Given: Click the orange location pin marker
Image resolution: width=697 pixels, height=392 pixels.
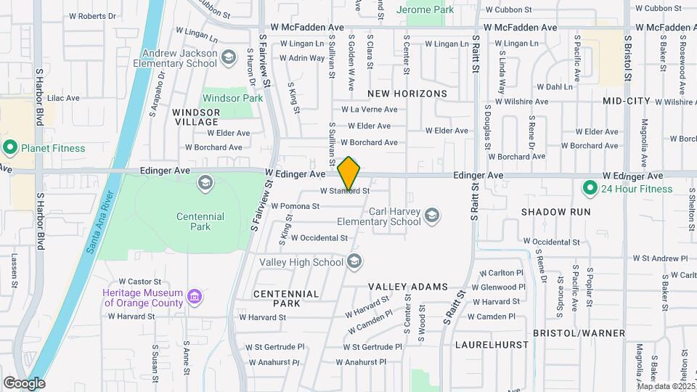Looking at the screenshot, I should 349,173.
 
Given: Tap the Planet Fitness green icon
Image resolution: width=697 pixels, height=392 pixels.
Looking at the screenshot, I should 10,148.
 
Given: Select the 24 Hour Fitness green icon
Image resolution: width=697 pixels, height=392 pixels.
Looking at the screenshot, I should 590,189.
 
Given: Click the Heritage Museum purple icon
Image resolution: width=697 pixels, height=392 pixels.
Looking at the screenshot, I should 194,296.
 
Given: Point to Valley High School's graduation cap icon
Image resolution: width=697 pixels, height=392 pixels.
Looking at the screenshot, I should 355,261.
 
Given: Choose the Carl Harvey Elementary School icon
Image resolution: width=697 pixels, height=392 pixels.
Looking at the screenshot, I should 432,216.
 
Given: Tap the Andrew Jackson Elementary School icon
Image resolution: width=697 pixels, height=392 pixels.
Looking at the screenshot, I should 229,57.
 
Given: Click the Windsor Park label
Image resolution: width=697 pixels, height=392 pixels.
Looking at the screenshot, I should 232,98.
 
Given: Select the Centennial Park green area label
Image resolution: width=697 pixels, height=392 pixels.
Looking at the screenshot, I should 200,221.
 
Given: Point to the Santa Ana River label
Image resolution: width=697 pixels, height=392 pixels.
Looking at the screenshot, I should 102,221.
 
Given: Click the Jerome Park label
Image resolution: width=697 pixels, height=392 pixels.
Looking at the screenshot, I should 426,10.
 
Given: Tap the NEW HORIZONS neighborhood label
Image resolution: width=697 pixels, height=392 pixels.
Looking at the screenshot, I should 407,94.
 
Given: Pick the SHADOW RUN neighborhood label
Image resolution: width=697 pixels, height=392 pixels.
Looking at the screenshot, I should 555,212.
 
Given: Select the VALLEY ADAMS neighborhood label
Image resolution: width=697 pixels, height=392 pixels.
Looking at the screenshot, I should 407,287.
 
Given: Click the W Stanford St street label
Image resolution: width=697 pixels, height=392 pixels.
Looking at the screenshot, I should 346,191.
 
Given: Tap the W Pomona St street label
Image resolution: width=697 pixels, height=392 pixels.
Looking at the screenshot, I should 295,206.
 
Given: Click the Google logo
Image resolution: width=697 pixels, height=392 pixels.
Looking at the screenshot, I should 23,383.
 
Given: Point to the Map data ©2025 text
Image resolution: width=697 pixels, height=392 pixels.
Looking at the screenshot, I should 666,386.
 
